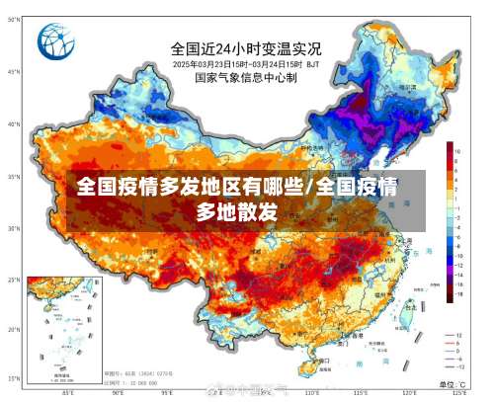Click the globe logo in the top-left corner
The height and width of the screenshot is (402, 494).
(x=57, y=42)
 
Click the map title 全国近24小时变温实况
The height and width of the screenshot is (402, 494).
(x=246, y=47)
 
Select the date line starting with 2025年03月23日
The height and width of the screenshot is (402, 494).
(x=246, y=63)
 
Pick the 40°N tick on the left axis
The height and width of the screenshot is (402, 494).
(x=14, y=124)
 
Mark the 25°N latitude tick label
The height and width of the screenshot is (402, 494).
(x=14, y=280)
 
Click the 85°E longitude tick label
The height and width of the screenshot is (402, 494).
(x=67, y=392)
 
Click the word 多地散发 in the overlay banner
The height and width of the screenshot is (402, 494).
(x=236, y=210)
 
